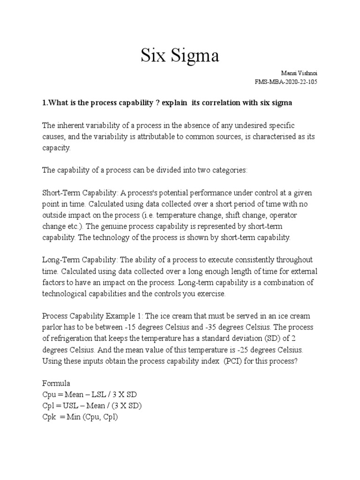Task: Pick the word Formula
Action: (56, 384)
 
